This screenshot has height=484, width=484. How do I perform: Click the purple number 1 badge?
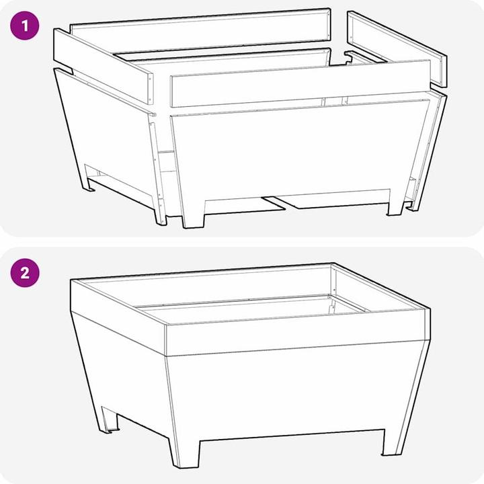click(25, 26)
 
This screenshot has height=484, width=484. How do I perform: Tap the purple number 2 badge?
click(25, 273)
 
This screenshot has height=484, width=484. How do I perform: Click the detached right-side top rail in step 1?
click(397, 48)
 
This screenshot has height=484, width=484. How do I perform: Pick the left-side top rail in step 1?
click(104, 65)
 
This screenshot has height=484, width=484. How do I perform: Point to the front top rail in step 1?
click(300, 83)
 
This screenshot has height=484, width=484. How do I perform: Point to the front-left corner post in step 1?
click(157, 170)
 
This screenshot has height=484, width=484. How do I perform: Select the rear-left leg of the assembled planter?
click(108, 419)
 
